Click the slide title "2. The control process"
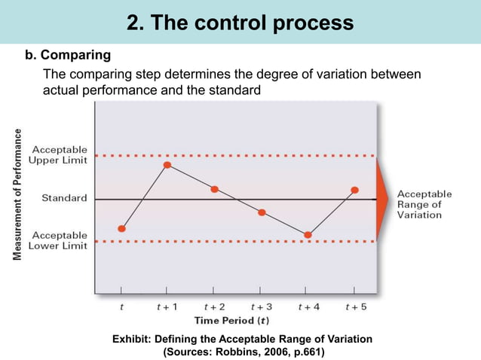240,23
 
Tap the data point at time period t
122,228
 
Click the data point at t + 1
167,164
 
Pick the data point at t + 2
215,189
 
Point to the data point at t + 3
262,212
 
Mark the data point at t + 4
308,235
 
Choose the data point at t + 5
354,190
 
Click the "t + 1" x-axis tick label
167,307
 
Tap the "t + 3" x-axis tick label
261,307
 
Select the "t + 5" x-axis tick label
355,307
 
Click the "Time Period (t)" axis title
239,319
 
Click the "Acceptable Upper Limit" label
58,154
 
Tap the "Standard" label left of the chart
63,199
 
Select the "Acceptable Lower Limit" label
58,240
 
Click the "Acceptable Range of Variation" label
424,204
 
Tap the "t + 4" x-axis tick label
308,307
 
